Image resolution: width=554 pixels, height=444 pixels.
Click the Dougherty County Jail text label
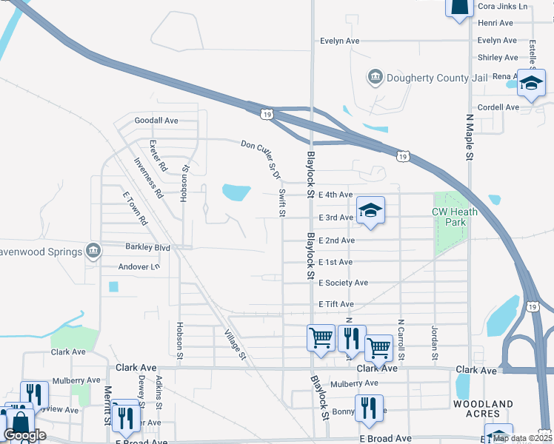[432, 76]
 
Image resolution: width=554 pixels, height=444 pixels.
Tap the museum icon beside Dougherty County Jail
[375, 76]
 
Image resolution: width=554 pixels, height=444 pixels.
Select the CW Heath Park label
[455, 217]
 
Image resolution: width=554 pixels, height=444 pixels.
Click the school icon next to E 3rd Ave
[370, 211]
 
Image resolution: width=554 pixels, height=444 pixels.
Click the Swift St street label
[282, 203]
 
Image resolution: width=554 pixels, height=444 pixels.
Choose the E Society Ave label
[343, 283]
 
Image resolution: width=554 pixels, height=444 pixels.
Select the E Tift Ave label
[336, 304]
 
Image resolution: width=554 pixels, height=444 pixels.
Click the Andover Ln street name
[138, 266]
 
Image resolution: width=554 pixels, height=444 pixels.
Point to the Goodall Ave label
[156, 121]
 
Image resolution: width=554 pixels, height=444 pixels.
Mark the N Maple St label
[469, 137]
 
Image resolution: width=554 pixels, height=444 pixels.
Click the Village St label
[235, 345]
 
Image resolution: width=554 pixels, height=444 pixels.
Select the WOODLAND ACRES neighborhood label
[483, 408]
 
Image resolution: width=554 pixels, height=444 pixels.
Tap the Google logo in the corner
[24, 435]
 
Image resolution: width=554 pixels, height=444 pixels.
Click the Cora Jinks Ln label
[503, 6]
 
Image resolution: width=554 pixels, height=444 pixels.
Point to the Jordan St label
[434, 341]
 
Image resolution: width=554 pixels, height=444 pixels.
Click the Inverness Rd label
[149, 178]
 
